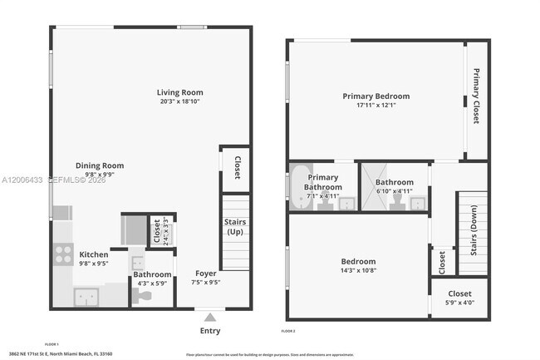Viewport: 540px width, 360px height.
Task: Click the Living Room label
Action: click(180, 92)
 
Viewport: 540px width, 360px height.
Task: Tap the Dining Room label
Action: click(100, 165)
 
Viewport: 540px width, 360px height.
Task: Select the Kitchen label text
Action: click(94, 254)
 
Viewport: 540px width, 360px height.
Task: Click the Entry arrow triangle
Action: click(210, 316)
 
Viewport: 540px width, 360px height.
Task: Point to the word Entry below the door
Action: click(210, 331)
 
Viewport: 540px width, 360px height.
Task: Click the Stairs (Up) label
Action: click(235, 226)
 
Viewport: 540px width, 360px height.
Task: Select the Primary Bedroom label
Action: click(376, 96)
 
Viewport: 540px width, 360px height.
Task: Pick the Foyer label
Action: click(206, 273)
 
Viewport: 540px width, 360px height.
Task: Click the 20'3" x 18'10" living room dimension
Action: click(180, 101)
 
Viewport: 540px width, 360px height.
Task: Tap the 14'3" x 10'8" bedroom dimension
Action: click(358, 270)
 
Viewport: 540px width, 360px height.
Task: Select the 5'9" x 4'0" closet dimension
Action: click(459, 303)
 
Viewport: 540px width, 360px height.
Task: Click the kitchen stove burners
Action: click(63, 254)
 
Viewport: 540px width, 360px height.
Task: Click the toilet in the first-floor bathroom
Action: click(143, 295)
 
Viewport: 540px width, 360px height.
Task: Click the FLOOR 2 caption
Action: click(289, 332)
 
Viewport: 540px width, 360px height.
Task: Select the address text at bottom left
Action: click(66, 353)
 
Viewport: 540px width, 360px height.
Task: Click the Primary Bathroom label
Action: click(324, 182)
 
